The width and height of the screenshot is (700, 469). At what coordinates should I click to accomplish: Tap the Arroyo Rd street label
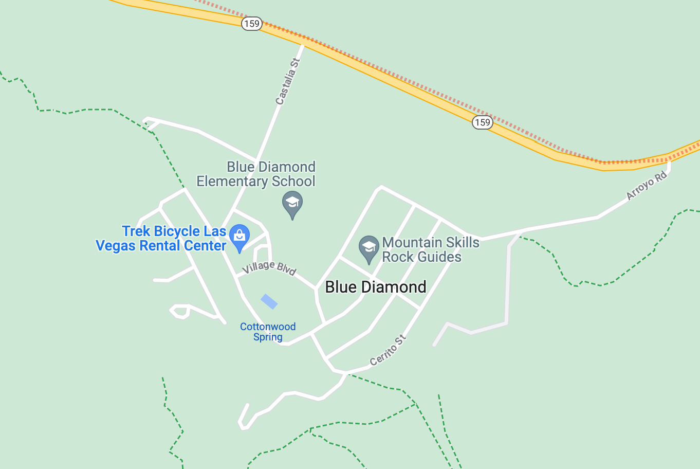point(647,186)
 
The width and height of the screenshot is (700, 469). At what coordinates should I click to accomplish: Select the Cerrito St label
point(388,350)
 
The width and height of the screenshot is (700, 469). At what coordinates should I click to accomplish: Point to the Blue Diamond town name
point(376,287)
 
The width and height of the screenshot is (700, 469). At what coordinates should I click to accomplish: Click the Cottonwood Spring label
point(268,332)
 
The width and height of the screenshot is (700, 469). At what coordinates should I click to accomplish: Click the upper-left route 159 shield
point(252,24)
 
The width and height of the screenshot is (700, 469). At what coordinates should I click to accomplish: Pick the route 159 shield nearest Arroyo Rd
point(482,122)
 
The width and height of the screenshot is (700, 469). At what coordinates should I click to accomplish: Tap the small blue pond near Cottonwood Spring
point(269,301)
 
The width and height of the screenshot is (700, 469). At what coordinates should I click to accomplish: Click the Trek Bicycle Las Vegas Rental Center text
point(161,239)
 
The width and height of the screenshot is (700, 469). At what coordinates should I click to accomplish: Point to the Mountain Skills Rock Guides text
point(431,249)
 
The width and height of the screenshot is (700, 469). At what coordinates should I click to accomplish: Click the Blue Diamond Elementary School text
point(256,174)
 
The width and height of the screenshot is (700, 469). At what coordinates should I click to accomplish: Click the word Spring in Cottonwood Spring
point(268,337)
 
